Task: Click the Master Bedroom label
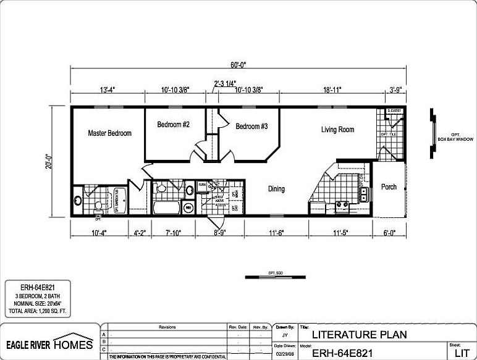point(109,133)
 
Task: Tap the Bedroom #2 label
point(173,125)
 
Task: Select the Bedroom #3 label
point(251,127)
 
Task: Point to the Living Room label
point(337,130)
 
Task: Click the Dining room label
point(276,189)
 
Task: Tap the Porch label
point(389,187)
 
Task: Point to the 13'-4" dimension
point(107,90)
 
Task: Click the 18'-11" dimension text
point(331,90)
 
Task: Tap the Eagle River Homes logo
point(49,343)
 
